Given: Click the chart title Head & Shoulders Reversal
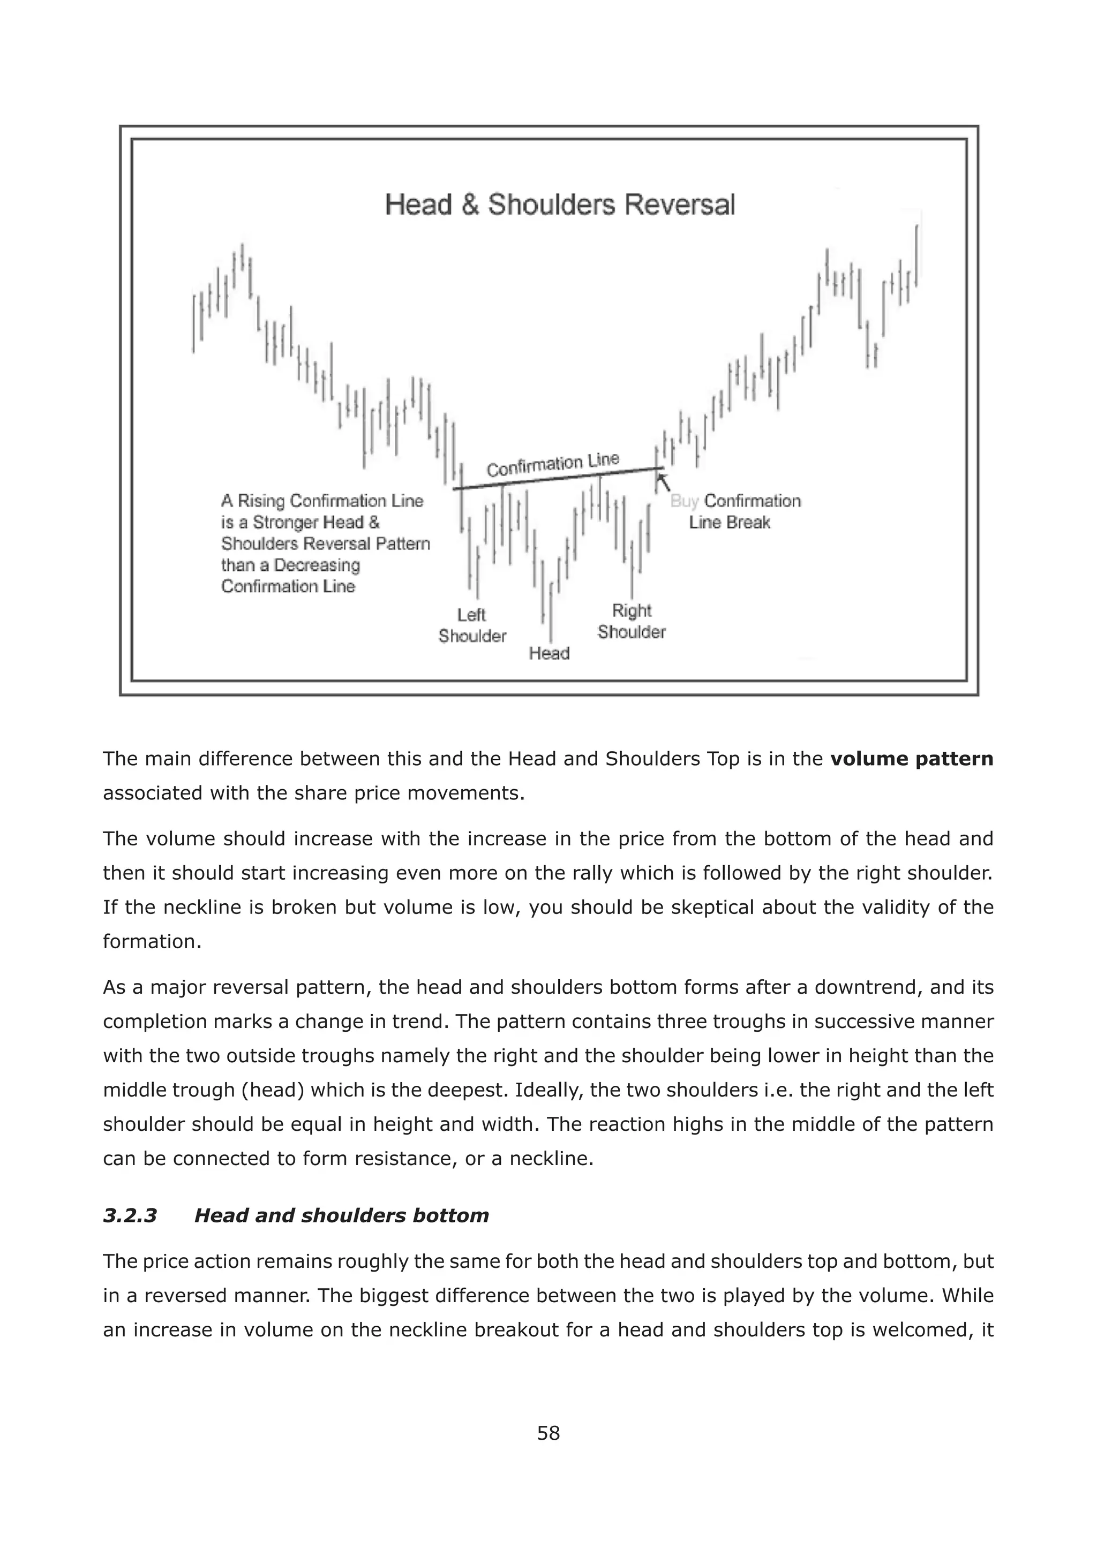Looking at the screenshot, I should click(559, 205).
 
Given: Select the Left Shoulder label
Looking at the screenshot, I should click(471, 625).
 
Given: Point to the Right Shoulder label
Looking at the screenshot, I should click(631, 621).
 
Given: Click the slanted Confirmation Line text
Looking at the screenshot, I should click(553, 465).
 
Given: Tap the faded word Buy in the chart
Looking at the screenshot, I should click(684, 501).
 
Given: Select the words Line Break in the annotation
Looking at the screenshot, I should click(730, 523).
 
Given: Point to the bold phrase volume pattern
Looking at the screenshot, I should click(911, 759).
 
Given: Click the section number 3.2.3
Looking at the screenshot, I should click(130, 1215).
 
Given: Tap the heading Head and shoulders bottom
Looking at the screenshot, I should click(341, 1215).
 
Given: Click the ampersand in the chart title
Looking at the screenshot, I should click(469, 205).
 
